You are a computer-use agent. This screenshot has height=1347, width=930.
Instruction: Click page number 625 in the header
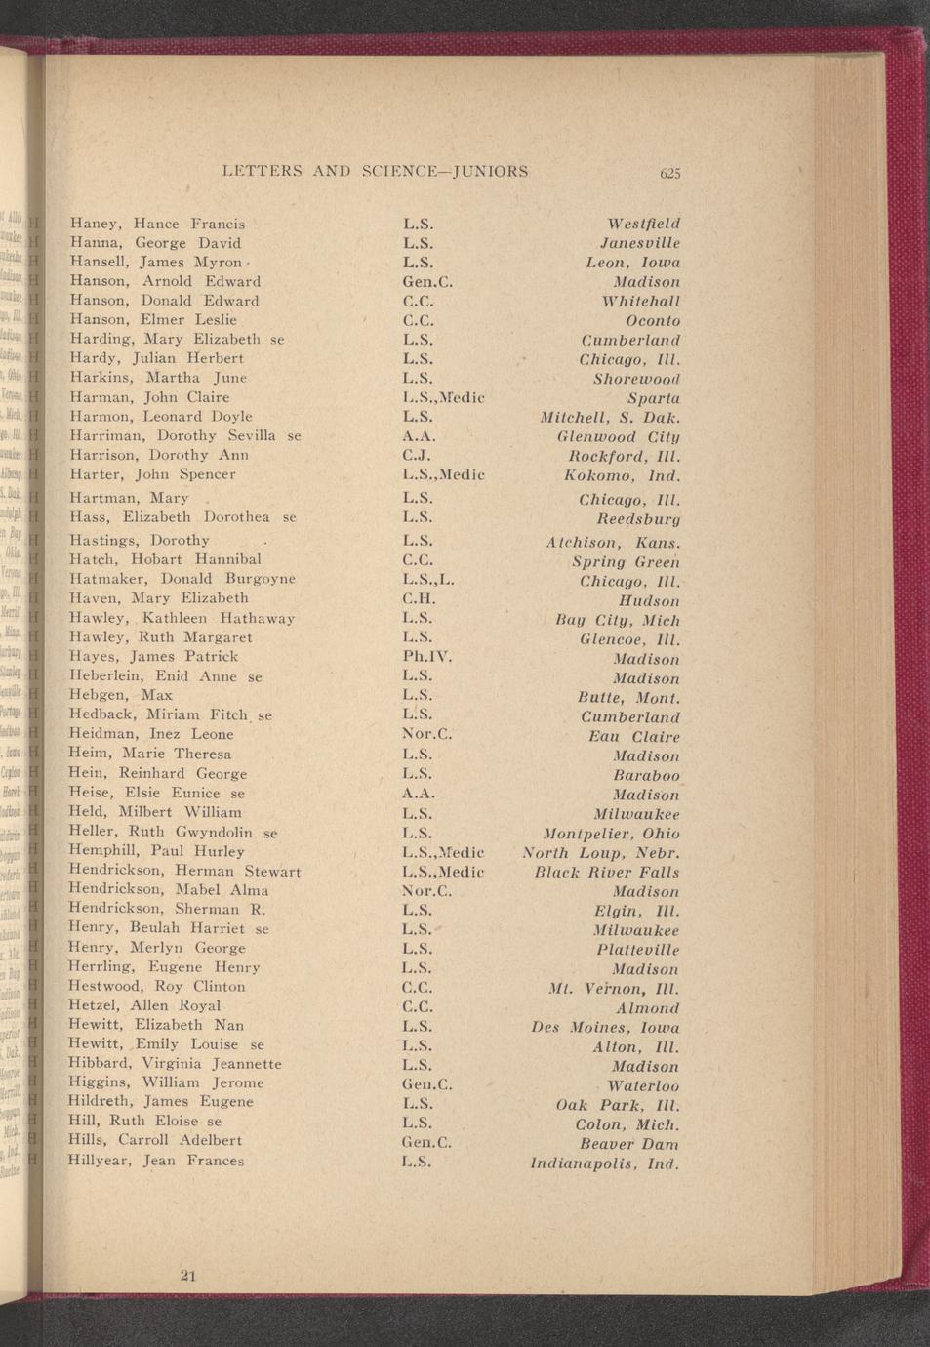coord(668,174)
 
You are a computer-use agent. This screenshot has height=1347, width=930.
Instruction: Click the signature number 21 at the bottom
coord(188,1274)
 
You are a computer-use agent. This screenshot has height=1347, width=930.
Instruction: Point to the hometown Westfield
coord(643,224)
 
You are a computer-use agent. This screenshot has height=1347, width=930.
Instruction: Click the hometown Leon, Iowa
coord(632,263)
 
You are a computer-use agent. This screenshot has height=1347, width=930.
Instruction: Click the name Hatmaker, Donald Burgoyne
coord(182,579)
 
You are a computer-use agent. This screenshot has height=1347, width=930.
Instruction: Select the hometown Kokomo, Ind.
coord(622,476)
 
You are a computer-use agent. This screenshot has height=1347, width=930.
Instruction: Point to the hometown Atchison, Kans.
coord(613,543)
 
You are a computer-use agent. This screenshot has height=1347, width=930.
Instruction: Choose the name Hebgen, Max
coord(121,695)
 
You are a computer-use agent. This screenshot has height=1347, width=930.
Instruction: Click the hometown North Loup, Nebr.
coord(601,853)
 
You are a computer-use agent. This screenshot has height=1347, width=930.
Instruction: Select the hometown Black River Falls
coord(607,873)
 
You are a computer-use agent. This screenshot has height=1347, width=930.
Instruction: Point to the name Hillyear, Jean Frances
coord(156,1161)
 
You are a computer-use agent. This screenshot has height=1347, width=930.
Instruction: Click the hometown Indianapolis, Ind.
coord(604,1163)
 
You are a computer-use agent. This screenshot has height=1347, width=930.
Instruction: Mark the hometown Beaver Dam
coord(629,1144)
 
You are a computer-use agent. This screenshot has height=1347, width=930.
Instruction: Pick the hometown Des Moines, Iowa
coord(606,1028)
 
